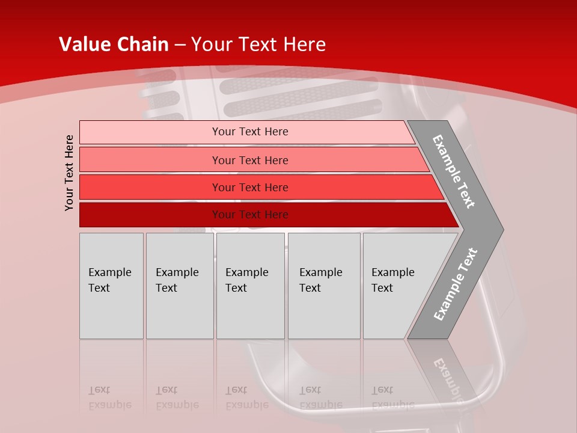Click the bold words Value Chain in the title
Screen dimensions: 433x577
[114, 45]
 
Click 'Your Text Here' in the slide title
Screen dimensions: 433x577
[258, 45]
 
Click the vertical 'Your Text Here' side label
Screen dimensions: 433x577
[70, 173]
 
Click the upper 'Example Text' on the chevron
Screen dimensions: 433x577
[454, 171]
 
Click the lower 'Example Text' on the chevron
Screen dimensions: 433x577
[455, 284]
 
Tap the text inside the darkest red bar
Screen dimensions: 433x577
[250, 215]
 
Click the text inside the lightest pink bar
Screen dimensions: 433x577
[250, 132]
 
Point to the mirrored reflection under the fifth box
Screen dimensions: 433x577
[392, 398]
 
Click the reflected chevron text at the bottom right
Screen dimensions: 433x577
[447, 376]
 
